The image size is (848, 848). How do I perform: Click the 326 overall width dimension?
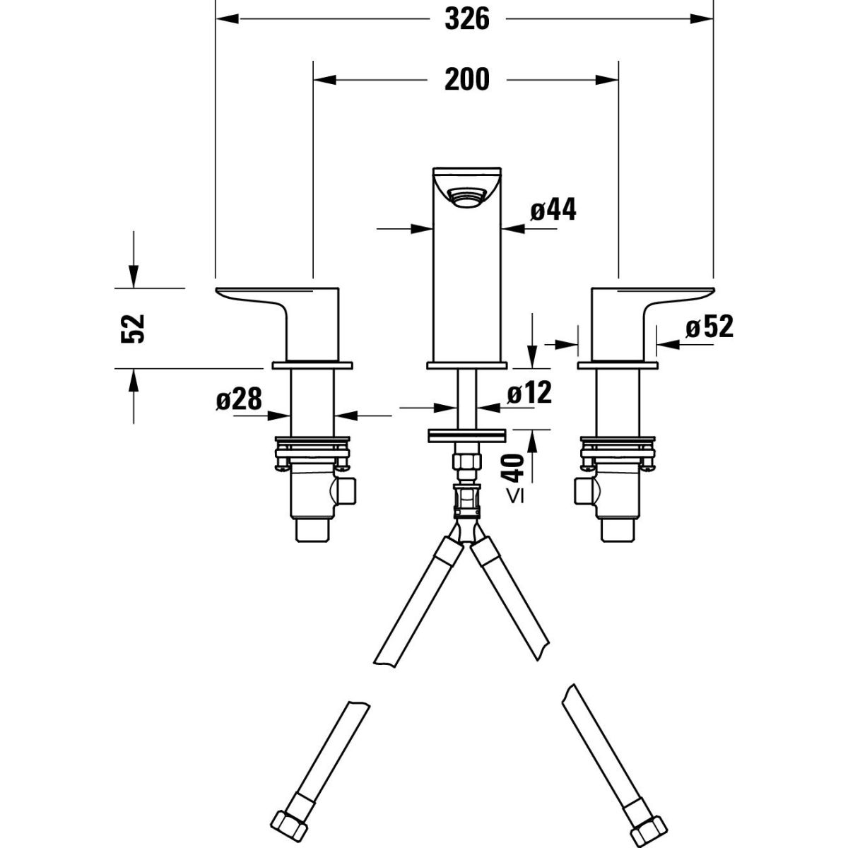(x=466, y=19)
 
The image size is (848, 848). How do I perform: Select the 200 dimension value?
(x=466, y=79)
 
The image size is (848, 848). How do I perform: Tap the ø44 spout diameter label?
(x=553, y=210)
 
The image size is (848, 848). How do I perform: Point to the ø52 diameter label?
(x=709, y=327)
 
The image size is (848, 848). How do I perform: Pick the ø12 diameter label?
(x=529, y=392)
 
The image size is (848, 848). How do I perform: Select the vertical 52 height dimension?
(x=134, y=328)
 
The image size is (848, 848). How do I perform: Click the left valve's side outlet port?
(x=347, y=490)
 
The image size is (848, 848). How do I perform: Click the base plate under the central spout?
(x=466, y=365)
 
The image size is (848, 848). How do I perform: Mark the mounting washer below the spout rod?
(x=466, y=435)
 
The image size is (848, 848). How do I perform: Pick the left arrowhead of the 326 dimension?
(x=223, y=19)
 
